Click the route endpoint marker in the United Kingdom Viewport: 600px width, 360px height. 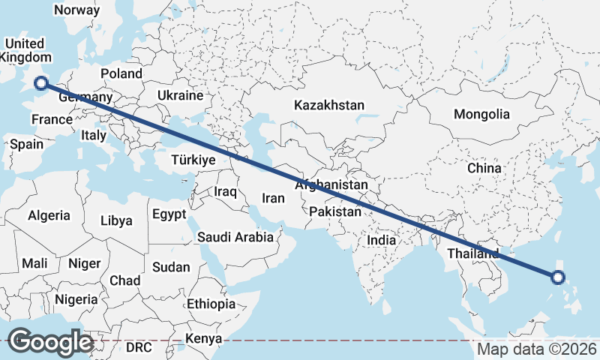pyautogui.click(x=41, y=84)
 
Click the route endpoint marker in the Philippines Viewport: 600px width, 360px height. pyautogui.click(x=557, y=277)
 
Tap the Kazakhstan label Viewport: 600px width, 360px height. pyautogui.click(x=329, y=105)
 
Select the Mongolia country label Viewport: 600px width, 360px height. pyautogui.click(x=481, y=115)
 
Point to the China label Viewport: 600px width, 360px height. pyautogui.click(x=484, y=168)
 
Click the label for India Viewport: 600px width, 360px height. pyautogui.click(x=382, y=241)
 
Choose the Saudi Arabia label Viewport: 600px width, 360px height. pyautogui.click(x=235, y=237)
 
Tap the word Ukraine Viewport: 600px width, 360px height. pyautogui.click(x=180, y=95)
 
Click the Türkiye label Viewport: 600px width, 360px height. pyautogui.click(x=193, y=160)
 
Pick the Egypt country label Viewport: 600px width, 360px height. pyautogui.click(x=169, y=214)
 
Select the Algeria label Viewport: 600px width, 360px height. pyautogui.click(x=49, y=215)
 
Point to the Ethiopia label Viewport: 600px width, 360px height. pyautogui.click(x=211, y=304)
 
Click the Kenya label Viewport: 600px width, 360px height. pyautogui.click(x=205, y=339)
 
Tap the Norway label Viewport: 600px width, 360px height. pyautogui.click(x=77, y=10)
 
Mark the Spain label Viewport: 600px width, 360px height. pyautogui.click(x=27, y=145)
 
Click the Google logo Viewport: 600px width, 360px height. pyautogui.click(x=50, y=342)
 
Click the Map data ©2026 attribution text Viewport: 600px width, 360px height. pyautogui.click(x=537, y=349)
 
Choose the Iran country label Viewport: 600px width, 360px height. pyautogui.click(x=273, y=198)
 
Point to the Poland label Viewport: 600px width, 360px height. pyautogui.click(x=121, y=73)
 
